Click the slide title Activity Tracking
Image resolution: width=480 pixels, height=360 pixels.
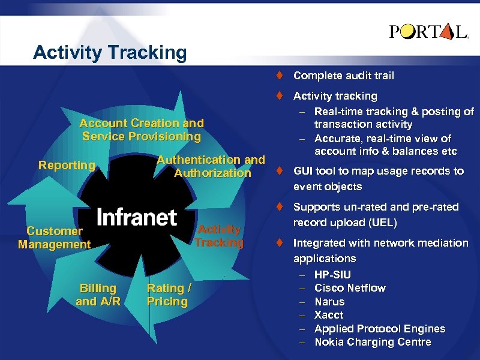click(x=110, y=53)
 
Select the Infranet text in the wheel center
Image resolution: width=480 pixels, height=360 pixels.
click(x=137, y=217)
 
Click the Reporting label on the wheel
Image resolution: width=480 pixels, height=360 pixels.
click(x=67, y=165)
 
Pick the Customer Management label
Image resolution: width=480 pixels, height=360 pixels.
click(x=54, y=238)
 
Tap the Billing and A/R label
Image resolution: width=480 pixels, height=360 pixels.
click(x=98, y=295)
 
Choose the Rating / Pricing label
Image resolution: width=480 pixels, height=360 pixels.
click(x=169, y=295)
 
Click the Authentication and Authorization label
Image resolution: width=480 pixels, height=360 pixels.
click(x=211, y=166)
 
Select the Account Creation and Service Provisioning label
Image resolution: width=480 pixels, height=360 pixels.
click(x=142, y=130)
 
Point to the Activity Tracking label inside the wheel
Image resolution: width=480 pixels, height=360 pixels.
click(x=219, y=236)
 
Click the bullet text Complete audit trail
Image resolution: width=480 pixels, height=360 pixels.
click(x=343, y=76)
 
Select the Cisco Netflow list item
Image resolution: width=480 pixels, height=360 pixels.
click(x=350, y=288)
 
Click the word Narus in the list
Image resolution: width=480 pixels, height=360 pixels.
click(x=329, y=302)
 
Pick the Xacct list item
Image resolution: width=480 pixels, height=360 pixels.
click(x=329, y=315)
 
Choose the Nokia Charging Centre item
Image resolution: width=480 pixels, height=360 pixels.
click(x=373, y=342)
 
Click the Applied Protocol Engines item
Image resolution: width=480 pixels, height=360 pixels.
click(x=380, y=329)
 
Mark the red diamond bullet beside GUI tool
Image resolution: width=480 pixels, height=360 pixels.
click(x=280, y=171)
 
